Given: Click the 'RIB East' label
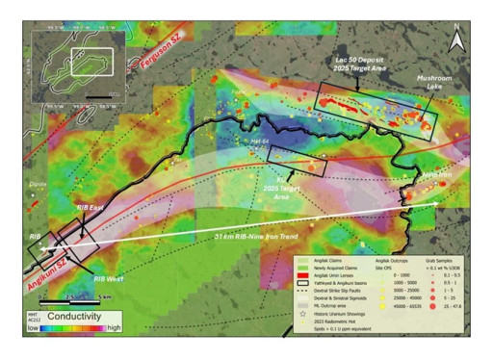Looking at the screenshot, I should (96, 206).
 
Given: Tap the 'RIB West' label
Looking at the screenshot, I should (112, 278).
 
